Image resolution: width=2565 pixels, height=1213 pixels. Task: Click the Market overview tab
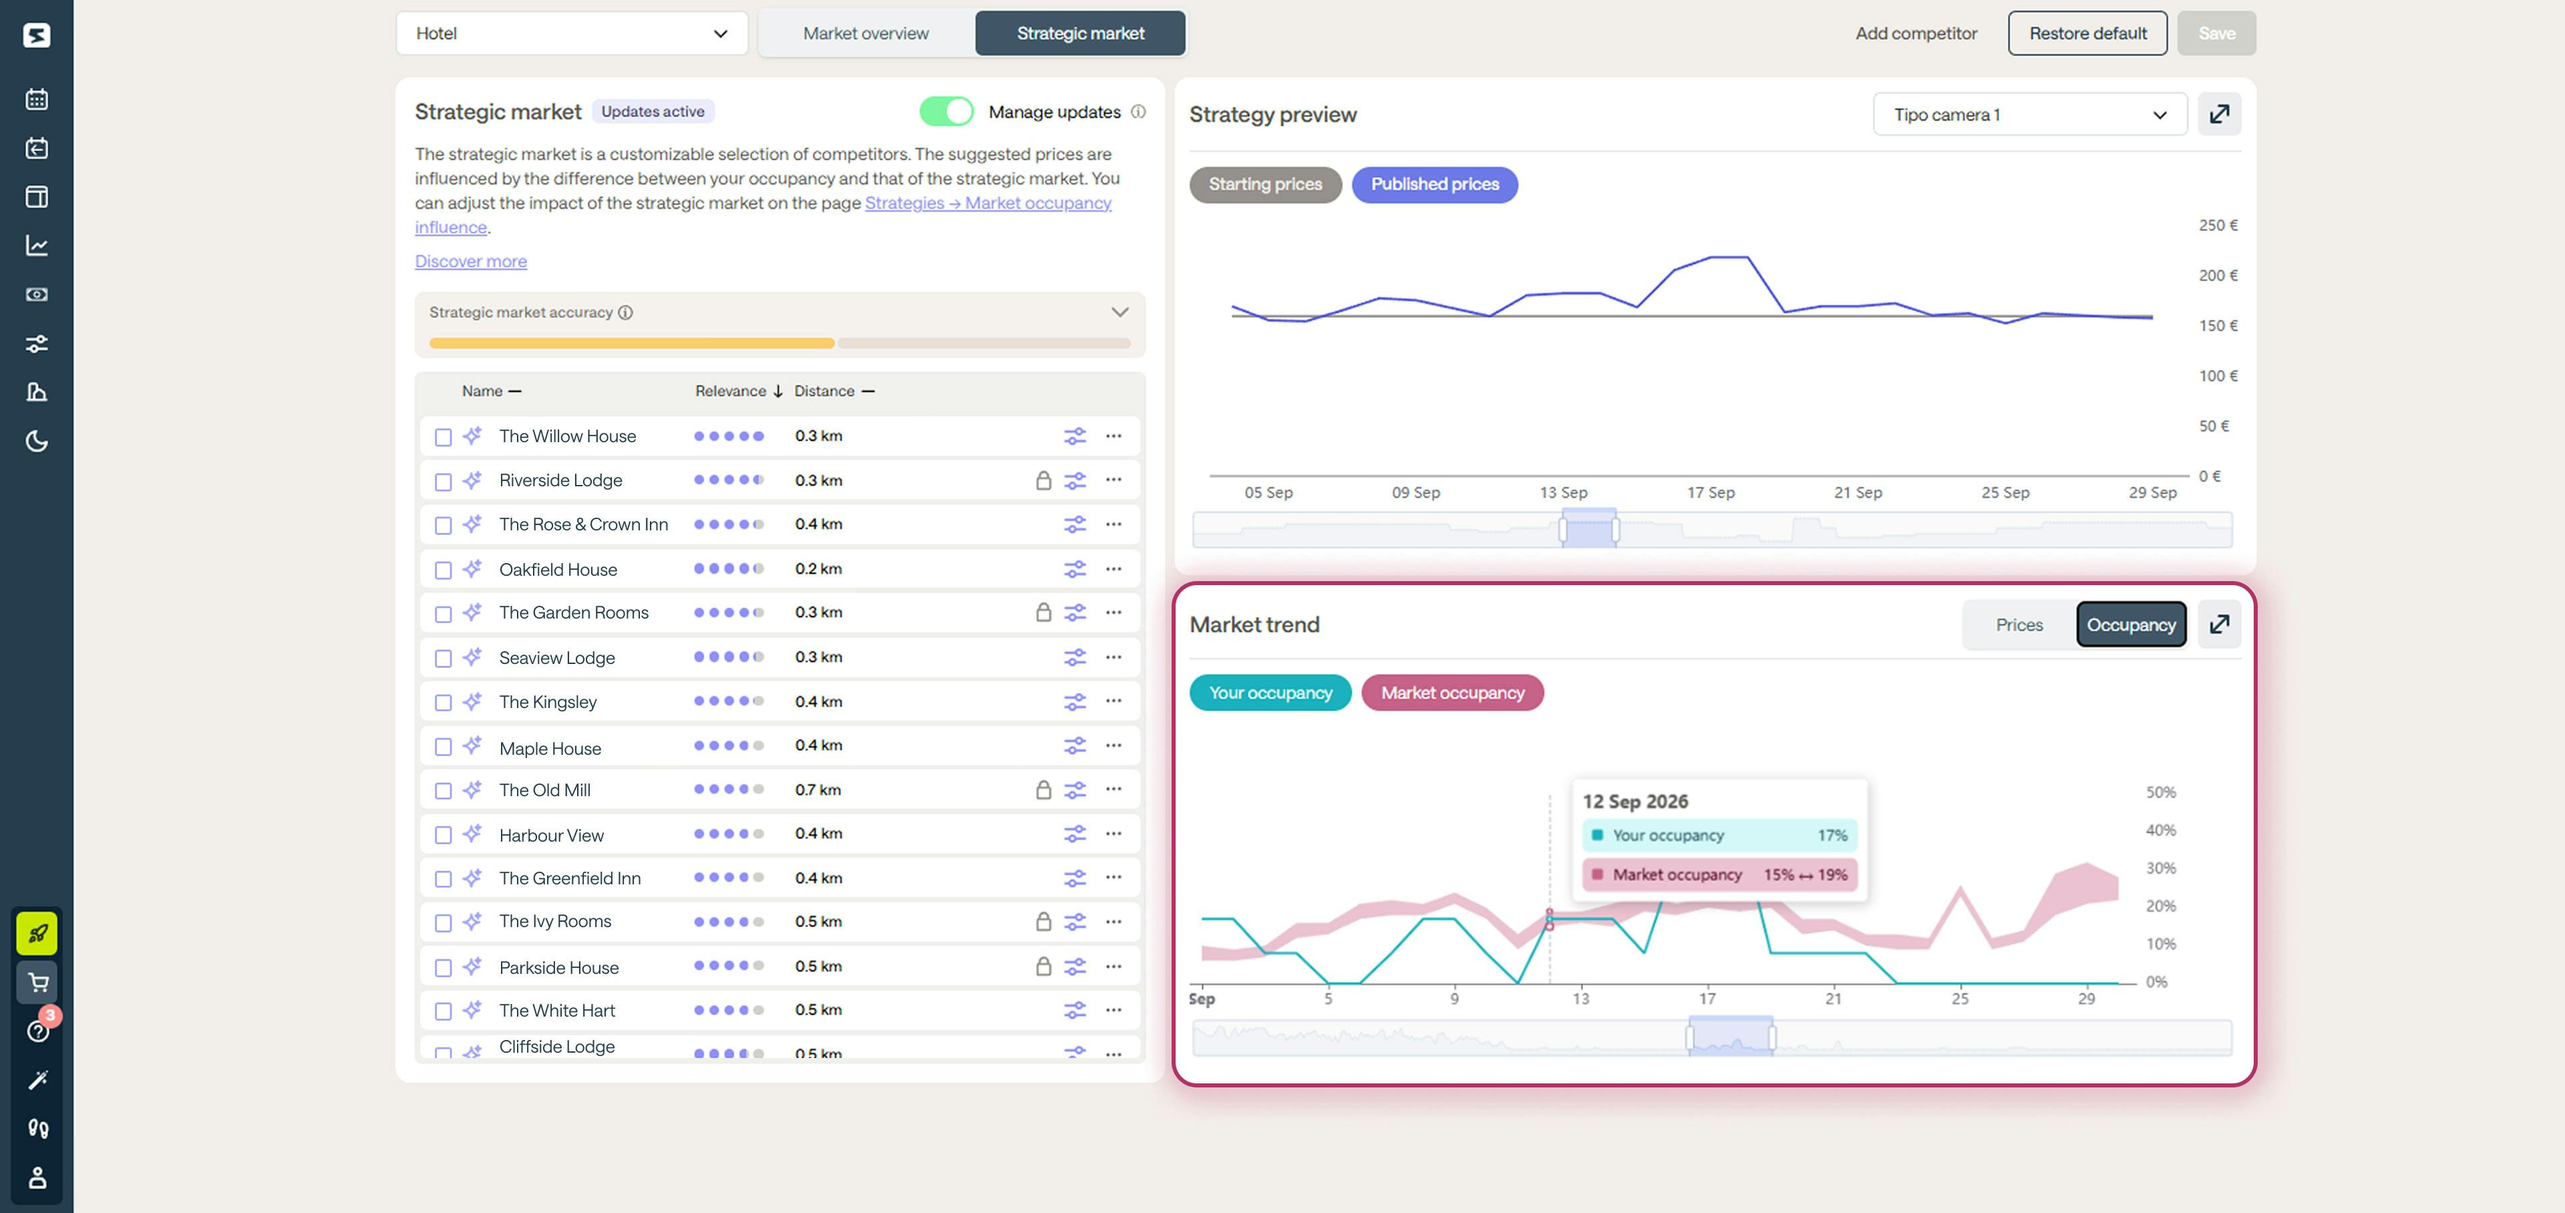pos(865,33)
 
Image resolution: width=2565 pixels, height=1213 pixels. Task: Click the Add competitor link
pos(1915,33)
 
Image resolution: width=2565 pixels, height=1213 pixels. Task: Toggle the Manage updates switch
pos(945,112)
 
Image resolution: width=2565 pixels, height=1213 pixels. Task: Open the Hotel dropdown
pos(572,33)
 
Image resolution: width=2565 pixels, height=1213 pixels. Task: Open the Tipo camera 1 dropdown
pos(2029,114)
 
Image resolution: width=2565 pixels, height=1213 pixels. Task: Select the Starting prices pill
pos(1264,184)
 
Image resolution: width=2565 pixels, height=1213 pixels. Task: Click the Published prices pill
pos(1434,184)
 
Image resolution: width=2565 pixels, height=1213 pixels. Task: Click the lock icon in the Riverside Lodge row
pos(1043,481)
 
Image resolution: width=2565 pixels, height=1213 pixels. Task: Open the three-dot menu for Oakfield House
pos(1114,568)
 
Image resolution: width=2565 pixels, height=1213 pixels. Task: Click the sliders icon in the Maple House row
pos(1074,746)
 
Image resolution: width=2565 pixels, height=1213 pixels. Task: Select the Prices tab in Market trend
pos(2019,625)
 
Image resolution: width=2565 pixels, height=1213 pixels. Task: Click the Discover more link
pos(471,261)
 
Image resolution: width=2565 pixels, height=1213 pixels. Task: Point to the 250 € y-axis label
pos(2218,225)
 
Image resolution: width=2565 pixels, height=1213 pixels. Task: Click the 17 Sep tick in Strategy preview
pos(1710,492)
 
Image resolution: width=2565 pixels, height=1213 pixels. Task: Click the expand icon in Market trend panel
pos(2218,625)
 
